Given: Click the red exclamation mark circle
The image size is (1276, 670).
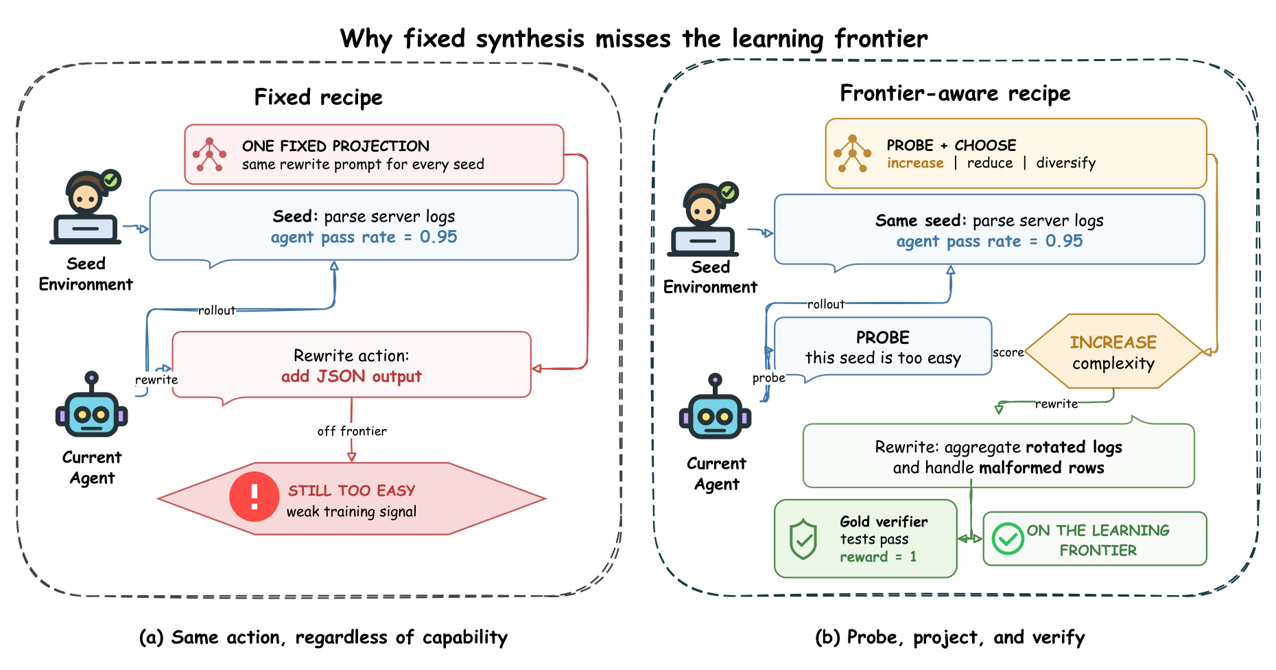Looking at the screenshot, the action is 255,496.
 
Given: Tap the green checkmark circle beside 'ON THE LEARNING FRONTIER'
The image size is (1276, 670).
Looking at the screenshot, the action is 1008,539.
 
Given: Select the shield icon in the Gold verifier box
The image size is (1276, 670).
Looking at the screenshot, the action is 803,540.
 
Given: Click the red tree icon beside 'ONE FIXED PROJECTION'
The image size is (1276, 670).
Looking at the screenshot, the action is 209,154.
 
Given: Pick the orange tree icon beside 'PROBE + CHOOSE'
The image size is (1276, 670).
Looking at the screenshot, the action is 852,153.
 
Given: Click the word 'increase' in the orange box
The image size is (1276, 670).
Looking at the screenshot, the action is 915,163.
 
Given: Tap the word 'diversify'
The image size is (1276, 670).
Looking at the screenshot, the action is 1065,163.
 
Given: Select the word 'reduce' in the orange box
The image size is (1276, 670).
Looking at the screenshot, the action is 990,163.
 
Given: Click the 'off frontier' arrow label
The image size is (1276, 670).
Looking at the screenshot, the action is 352,431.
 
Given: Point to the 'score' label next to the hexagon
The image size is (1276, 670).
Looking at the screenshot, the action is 1008,352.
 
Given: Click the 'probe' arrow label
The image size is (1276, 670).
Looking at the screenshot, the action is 768,378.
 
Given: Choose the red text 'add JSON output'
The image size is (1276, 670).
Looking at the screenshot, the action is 351,376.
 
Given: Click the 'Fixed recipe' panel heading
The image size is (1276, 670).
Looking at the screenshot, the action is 318,97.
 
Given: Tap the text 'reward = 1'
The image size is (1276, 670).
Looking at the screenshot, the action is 878,557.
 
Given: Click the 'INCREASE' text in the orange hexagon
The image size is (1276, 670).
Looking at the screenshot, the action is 1113,343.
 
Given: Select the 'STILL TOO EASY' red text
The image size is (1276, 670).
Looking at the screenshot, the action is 351,491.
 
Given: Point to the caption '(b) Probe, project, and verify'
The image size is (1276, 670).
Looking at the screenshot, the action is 950,638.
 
